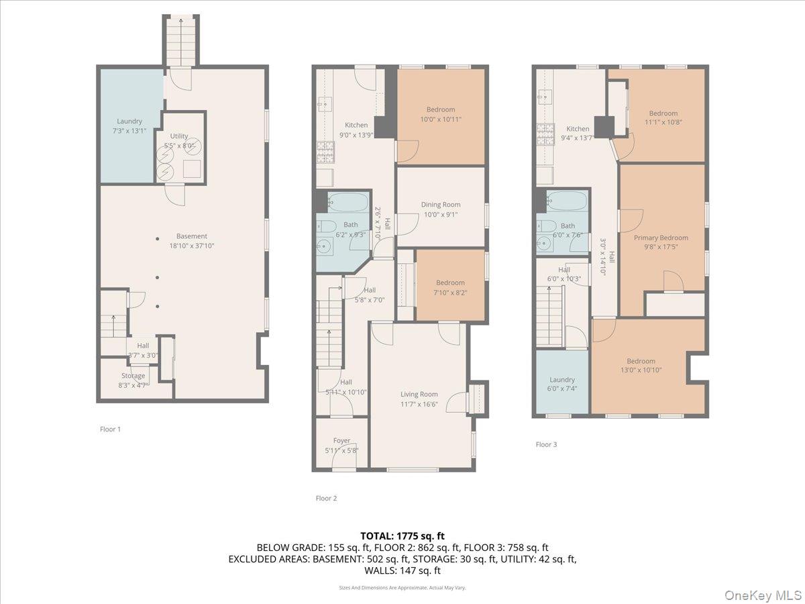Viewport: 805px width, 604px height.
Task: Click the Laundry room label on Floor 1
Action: pyautogui.click(x=129, y=126)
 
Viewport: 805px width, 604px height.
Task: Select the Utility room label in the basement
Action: pyautogui.click(x=179, y=140)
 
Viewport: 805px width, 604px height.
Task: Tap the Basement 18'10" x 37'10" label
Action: pyautogui.click(x=192, y=241)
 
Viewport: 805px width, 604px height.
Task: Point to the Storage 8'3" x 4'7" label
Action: pyautogui.click(x=133, y=380)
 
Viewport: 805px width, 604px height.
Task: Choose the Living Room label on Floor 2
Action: pyautogui.click(x=419, y=399)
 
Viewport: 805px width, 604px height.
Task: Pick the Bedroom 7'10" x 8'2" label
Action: pyautogui.click(x=449, y=287)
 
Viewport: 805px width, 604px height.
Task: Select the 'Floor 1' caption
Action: pyautogui.click(x=110, y=429)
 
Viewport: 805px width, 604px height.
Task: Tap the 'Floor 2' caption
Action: pyautogui.click(x=326, y=498)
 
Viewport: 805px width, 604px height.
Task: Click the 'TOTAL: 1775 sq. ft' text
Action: pyautogui.click(x=402, y=536)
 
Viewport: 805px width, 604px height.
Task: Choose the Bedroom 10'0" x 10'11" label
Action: pyautogui.click(x=440, y=114)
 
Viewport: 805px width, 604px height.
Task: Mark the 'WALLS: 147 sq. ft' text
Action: pyautogui.click(x=402, y=570)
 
